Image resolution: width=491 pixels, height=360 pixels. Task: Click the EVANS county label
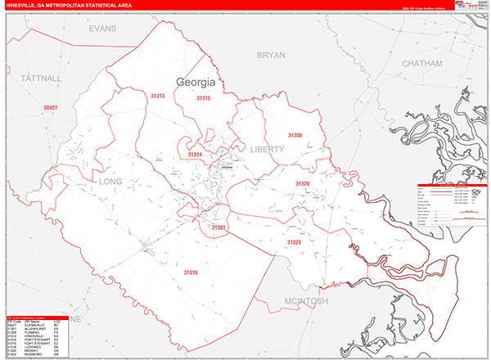103,28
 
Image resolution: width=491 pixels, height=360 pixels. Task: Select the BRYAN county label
271,55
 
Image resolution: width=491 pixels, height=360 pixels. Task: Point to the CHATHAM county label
421,62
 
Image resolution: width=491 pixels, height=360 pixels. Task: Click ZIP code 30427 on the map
51,108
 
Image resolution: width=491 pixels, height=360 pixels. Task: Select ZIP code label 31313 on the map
157,97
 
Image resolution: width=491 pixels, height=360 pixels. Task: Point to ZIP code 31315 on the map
204,98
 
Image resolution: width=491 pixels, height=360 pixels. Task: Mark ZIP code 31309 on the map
295,135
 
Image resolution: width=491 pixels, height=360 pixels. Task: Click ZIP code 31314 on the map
195,154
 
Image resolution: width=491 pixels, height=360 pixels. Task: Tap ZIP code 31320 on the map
303,184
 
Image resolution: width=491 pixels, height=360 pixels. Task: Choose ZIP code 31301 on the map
218,227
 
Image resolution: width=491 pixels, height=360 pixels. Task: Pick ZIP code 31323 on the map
294,242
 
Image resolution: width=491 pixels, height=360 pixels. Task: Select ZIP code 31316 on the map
191,272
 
